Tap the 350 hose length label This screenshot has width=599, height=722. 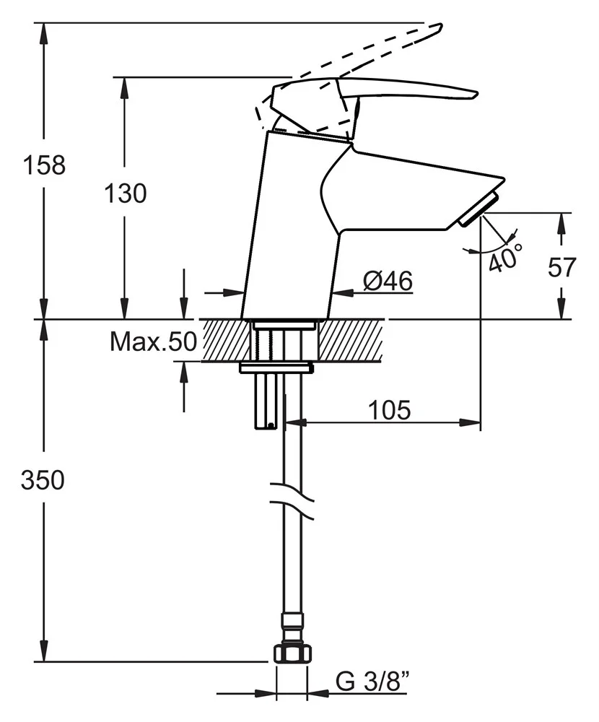click(x=43, y=480)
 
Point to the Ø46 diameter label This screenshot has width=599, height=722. click(x=388, y=281)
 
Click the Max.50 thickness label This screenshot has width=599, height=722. click(x=152, y=342)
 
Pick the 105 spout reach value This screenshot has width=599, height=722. click(x=389, y=410)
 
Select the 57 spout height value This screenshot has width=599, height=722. click(x=561, y=267)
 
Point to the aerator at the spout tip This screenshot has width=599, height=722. click(x=478, y=209)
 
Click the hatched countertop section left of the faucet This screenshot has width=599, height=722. click(x=224, y=340)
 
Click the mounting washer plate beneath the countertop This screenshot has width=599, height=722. click(x=276, y=368)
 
